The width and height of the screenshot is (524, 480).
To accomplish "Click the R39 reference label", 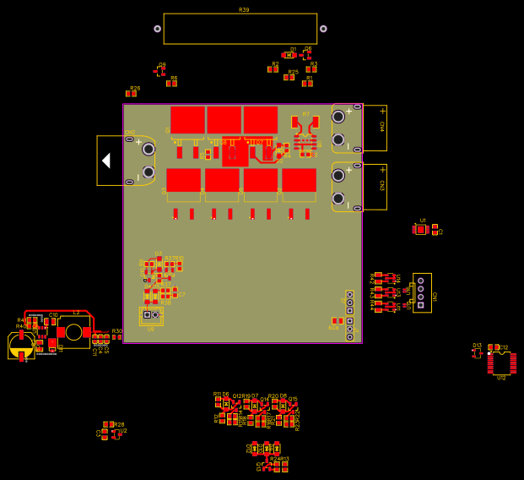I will pyautogui.click(x=244, y=10).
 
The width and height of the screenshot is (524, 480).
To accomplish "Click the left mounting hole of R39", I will pyautogui.click(x=157, y=29).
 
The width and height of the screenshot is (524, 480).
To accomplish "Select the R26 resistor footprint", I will pyautogui.click(x=132, y=94).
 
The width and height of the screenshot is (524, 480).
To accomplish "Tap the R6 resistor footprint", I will pyautogui.click(x=171, y=84).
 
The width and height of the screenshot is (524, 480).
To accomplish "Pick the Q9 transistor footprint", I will pyautogui.click(x=159, y=72).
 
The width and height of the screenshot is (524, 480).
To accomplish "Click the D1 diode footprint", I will pyautogui.click(x=289, y=55).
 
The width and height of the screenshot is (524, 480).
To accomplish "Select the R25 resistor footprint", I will pyautogui.click(x=289, y=78).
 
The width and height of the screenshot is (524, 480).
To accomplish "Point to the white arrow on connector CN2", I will pyautogui.click(x=105, y=161).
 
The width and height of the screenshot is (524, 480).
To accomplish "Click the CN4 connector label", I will pyautogui.click(x=382, y=127).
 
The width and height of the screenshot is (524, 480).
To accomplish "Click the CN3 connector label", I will pyautogui.click(x=382, y=185).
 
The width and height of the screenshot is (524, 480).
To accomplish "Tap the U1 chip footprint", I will pyautogui.click(x=421, y=229).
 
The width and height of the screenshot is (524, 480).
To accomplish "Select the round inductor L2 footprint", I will pyautogui.click(x=74, y=332).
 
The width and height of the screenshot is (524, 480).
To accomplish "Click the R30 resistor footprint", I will pyautogui.click(x=116, y=337).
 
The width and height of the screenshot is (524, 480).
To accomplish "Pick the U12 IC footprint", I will pyautogui.click(x=501, y=363).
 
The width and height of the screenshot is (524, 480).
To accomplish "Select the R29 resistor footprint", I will pyautogui.click(x=337, y=321).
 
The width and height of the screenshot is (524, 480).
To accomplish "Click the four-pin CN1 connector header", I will pyautogui.click(x=421, y=292).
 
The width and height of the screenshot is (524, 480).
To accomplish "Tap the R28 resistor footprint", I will pyautogui.click(x=108, y=425).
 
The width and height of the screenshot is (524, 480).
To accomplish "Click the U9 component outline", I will pyautogui.click(x=150, y=316).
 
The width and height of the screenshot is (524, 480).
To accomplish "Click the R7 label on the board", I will pyautogui.click(x=305, y=113).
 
